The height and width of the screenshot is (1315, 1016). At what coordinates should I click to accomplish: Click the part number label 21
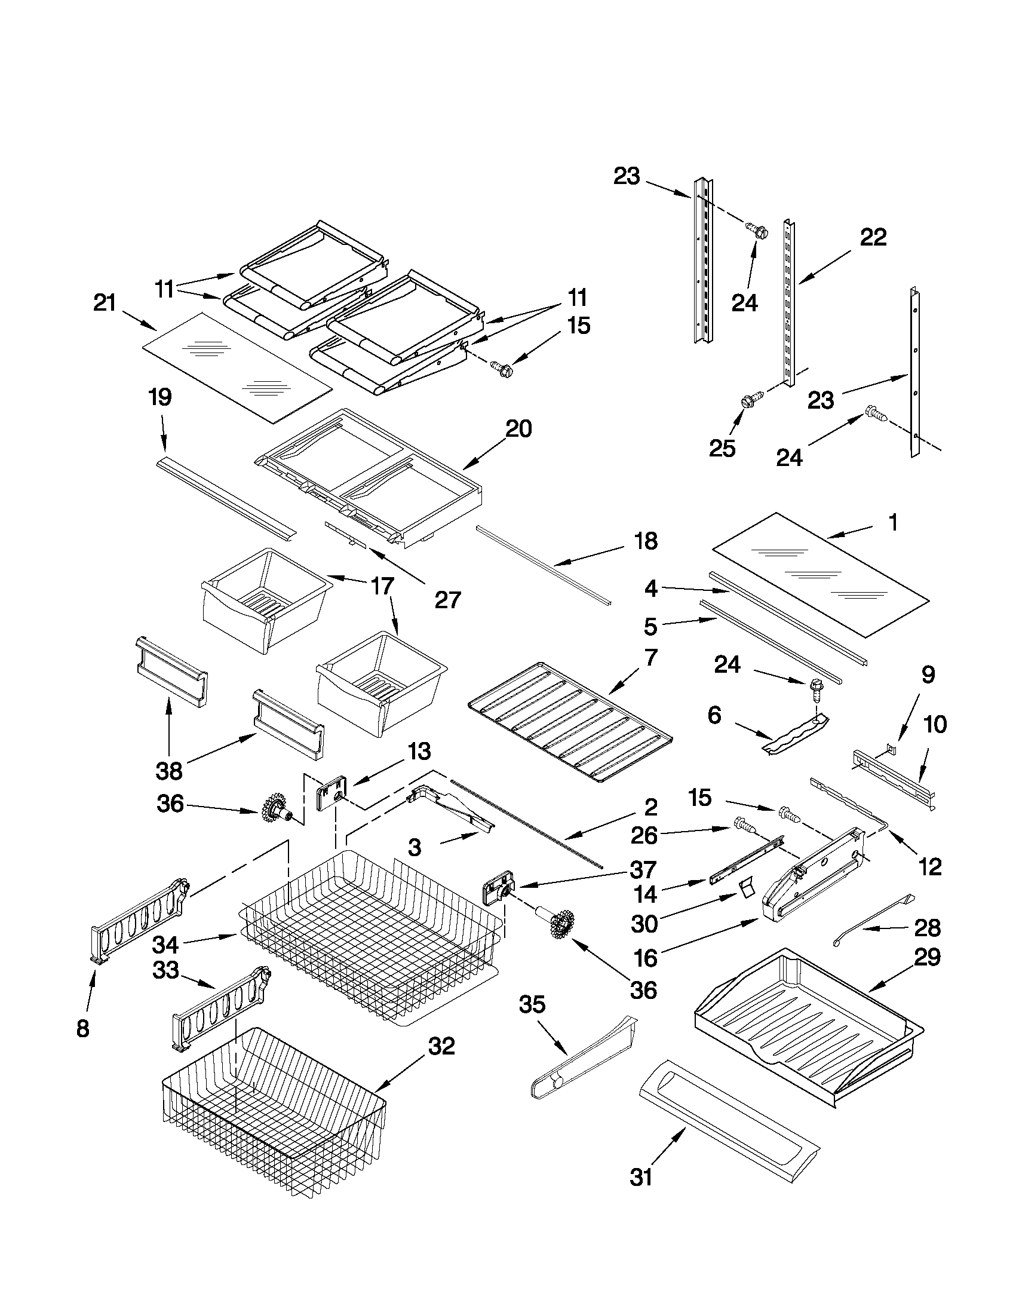click(105, 303)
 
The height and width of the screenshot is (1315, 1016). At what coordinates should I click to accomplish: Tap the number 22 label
click(873, 238)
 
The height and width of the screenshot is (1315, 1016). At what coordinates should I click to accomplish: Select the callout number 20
click(518, 430)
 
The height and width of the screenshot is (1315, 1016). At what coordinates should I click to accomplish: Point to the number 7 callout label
click(650, 657)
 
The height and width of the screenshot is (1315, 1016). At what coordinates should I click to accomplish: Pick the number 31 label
click(641, 1177)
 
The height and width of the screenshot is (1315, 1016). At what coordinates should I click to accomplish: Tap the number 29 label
click(928, 957)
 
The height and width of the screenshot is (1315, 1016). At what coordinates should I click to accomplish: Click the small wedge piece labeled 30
click(747, 887)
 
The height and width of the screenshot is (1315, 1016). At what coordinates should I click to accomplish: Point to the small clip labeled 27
click(345, 533)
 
